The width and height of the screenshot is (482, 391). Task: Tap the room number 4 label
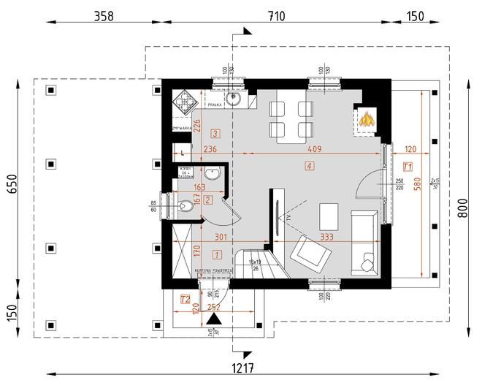pyautogui.click(x=310, y=167)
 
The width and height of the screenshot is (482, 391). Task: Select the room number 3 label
pyautogui.click(x=215, y=134)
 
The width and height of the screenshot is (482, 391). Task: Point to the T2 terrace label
pyautogui.click(x=185, y=298)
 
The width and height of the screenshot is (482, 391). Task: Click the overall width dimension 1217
pyautogui.click(x=242, y=368)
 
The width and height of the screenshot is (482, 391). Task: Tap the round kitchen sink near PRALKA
pyautogui.click(x=234, y=99)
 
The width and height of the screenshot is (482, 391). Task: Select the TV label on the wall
pyautogui.click(x=288, y=218)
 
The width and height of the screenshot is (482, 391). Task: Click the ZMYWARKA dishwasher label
pyautogui.click(x=181, y=128)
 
